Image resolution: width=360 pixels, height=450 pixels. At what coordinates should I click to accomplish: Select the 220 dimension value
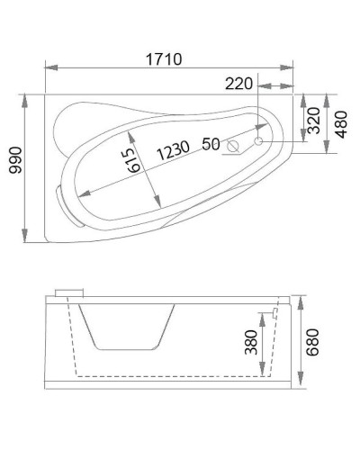point(238,84)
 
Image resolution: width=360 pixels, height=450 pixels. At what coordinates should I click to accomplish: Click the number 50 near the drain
point(211,143)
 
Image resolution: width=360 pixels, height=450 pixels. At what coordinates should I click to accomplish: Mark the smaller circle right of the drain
point(258,142)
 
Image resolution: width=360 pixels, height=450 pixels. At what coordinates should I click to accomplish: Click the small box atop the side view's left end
point(68,292)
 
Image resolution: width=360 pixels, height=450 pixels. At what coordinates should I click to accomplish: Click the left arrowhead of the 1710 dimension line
point(48,68)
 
